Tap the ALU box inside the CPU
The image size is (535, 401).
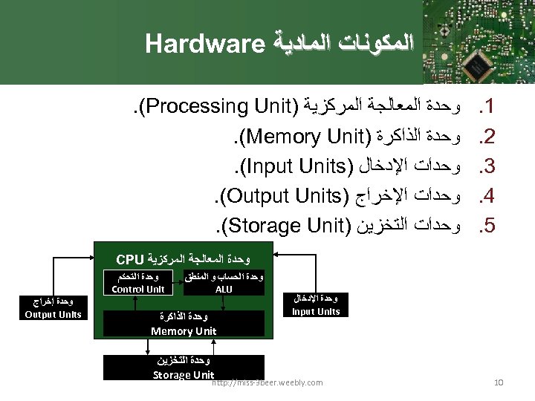pos(223,284)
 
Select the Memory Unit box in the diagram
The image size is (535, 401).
pos(184,325)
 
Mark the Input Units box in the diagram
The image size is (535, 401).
pos(316,305)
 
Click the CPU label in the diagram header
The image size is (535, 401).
pos(130,259)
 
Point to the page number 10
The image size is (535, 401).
pos(499,382)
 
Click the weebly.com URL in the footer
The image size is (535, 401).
pos(267,382)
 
